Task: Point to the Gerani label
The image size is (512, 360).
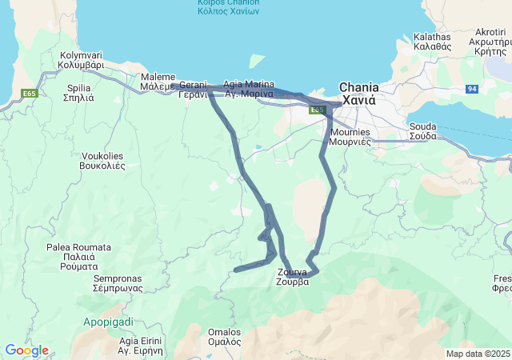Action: click(193, 89)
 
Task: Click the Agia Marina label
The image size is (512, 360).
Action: click(249, 89)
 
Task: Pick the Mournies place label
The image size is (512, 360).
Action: click(350, 136)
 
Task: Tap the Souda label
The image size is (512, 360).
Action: click(422, 131)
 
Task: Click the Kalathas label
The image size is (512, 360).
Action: click(433, 42)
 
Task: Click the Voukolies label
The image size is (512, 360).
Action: click(102, 161)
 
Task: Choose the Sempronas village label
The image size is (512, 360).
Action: click(118, 283)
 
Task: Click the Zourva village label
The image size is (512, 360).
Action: click(292, 277)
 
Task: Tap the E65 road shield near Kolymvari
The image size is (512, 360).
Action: click(30, 94)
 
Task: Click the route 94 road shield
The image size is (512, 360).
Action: click(472, 89)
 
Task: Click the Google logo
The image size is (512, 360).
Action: click(26, 350)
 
